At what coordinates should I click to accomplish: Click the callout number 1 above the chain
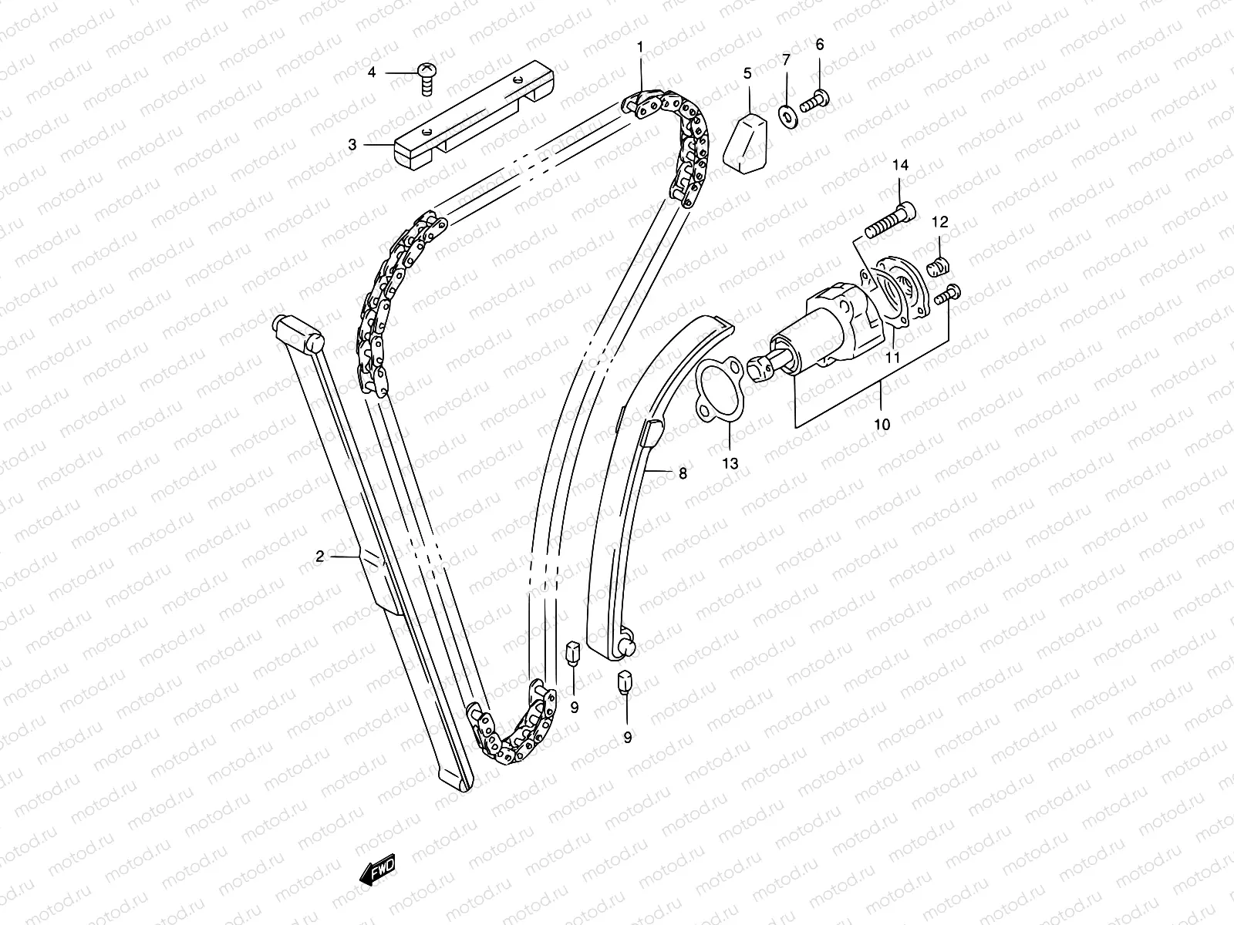coord(639,47)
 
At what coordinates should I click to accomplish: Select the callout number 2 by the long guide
coord(319,556)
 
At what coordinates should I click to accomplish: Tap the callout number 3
coord(352,143)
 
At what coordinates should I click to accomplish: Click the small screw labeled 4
coord(425,78)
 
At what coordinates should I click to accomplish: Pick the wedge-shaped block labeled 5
coord(747,140)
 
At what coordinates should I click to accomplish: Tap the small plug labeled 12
coord(939,267)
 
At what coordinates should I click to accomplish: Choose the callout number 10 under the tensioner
coord(882,424)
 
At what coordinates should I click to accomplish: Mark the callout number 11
coord(893,358)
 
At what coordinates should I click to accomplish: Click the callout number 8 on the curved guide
coord(683,474)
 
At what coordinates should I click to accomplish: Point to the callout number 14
coord(901,165)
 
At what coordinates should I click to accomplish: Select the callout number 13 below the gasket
coord(730,463)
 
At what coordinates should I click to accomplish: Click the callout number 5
coord(747,73)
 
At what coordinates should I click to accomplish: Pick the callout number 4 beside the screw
coord(372,72)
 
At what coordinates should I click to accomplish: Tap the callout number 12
coord(939,223)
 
